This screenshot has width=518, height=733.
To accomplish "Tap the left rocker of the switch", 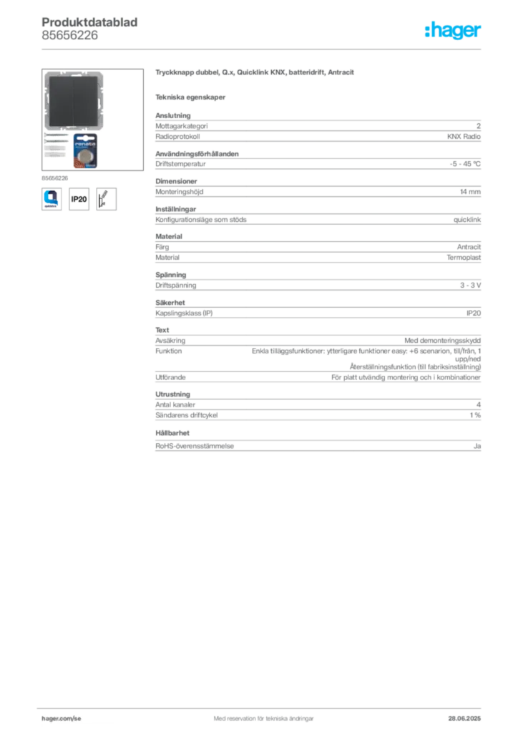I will (60, 102).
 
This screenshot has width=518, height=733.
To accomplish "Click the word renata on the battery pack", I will (85, 143).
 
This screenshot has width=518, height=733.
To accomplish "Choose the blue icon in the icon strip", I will (51, 198).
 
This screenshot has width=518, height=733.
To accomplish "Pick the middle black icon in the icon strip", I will (79, 198).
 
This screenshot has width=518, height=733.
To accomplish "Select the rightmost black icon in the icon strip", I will (107, 198).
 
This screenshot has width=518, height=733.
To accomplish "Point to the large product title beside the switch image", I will (255, 74).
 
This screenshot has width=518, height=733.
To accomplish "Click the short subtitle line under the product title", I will (191, 97).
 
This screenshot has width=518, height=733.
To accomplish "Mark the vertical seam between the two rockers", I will (74, 102).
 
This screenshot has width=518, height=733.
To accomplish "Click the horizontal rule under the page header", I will (263, 49).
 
